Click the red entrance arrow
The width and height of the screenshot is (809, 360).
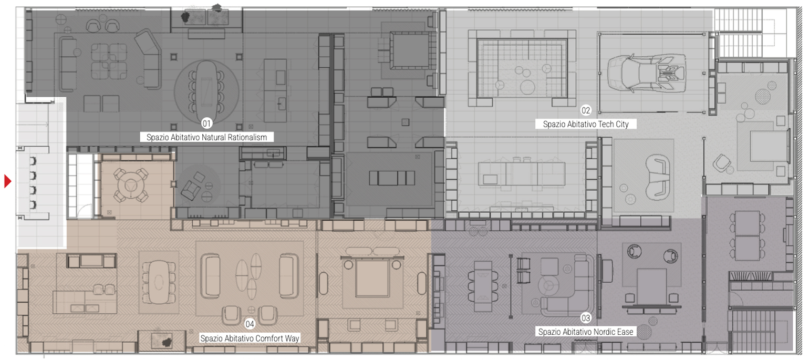[7, 181]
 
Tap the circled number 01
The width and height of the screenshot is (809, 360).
[206, 124]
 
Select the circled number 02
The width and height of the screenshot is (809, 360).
[585, 110]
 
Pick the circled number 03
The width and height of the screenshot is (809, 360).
[585, 318]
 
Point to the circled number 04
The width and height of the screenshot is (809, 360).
[250, 324]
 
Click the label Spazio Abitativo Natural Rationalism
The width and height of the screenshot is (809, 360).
[206, 137]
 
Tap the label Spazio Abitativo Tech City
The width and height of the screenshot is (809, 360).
[586, 125]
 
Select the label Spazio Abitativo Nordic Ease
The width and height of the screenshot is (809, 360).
[586, 332]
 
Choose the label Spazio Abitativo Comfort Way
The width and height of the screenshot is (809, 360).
[250, 338]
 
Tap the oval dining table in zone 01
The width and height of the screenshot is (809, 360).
[206, 87]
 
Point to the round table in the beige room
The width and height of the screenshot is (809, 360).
[130, 185]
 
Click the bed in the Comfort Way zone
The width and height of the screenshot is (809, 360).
[372, 276]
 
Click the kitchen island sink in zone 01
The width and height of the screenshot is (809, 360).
[282, 104]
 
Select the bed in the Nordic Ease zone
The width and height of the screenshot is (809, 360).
[651, 287]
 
